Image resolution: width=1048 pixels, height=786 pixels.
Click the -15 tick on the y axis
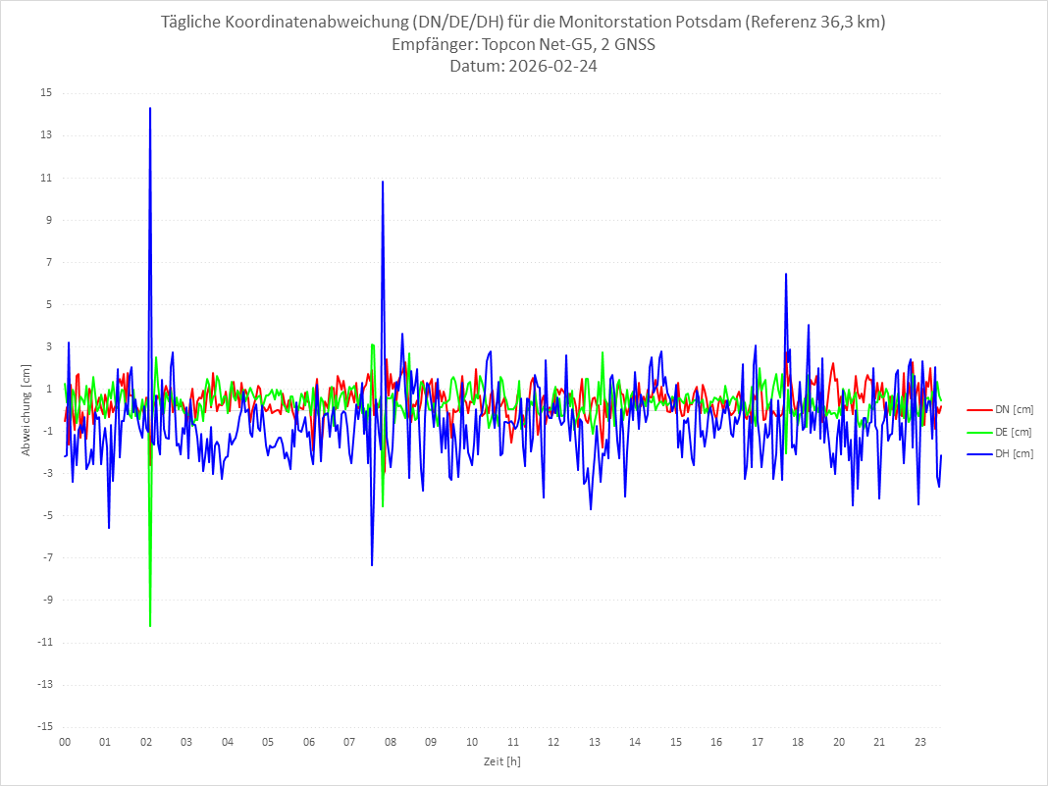[45, 727]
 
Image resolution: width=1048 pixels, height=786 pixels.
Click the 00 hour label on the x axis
[64, 742]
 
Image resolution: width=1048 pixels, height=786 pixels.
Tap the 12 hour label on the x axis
[553, 742]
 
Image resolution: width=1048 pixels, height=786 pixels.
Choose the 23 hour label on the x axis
[919, 742]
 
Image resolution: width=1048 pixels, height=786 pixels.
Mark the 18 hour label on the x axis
[798, 742]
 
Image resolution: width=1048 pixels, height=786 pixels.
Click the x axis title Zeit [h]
[502, 760]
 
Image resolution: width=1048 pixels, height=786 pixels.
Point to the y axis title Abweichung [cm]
[26, 410]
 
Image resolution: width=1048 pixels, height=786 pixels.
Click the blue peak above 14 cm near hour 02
[150, 109]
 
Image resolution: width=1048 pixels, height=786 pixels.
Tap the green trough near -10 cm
[150, 625]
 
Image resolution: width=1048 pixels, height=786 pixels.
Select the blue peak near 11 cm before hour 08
[383, 183]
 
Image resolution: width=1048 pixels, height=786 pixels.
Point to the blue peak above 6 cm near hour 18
[786, 275]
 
